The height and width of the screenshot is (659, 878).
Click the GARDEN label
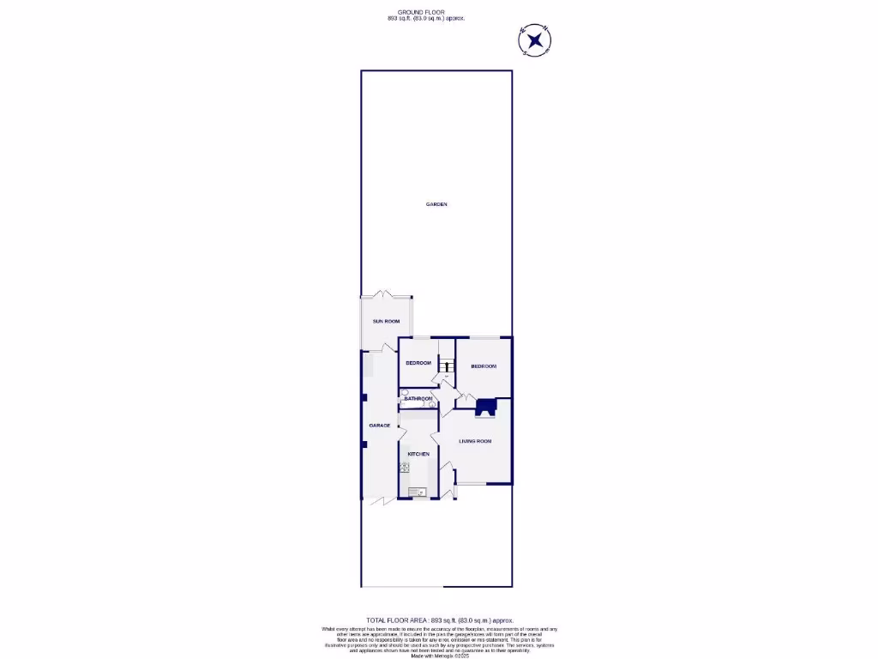(436, 204)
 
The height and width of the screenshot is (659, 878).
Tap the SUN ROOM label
(386, 321)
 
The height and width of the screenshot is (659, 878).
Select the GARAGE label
(379, 426)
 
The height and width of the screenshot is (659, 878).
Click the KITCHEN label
(418, 454)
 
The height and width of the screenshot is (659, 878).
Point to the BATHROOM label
(418, 399)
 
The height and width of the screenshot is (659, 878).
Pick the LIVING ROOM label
(475, 441)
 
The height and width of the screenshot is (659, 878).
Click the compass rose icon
(534, 39)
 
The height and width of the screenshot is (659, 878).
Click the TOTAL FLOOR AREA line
(439, 620)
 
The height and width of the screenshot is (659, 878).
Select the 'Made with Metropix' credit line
(439, 656)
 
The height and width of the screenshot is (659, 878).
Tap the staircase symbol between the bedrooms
(446, 366)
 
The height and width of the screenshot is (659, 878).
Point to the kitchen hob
(404, 467)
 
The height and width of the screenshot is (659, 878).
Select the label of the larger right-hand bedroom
(484, 366)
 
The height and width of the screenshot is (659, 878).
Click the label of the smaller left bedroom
(418, 363)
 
